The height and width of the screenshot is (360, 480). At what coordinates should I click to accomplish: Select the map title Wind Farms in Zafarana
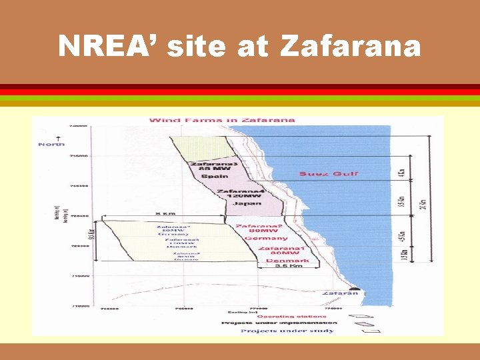coord(221,120)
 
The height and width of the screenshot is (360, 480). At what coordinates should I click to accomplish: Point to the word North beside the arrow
coord(51,144)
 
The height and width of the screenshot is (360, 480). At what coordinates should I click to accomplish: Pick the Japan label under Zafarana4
coord(246,203)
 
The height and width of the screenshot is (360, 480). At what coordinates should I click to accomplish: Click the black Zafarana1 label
coord(281,248)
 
